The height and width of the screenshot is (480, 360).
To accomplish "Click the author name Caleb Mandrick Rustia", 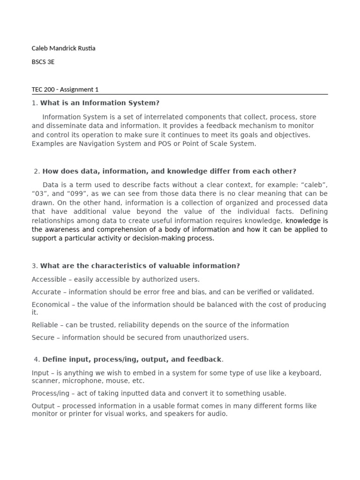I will point(63,48).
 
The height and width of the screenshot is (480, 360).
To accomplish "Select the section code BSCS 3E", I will point(43,61).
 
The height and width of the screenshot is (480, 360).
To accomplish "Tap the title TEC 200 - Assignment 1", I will point(65,90).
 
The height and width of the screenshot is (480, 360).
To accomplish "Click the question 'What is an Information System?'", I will point(100,103).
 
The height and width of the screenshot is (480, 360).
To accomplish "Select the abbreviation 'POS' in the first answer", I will point(152,144).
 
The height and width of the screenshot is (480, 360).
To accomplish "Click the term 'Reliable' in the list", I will point(45,325).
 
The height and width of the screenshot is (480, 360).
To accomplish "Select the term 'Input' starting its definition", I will point(40,373).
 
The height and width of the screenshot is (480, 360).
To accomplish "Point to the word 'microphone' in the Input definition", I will point(79,381).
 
